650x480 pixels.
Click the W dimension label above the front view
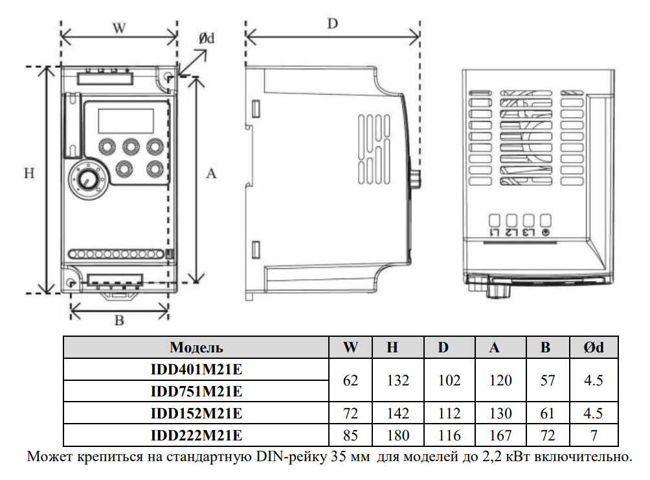click(x=119, y=29)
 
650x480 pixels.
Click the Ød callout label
click(x=207, y=38)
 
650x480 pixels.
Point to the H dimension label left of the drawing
click(x=29, y=173)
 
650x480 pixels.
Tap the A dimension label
click(x=212, y=174)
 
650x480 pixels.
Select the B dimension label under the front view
click(x=119, y=320)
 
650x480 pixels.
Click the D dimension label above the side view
click(x=333, y=24)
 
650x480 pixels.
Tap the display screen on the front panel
click(x=126, y=120)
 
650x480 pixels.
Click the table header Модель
click(x=197, y=348)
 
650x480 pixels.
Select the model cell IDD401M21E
click(x=197, y=369)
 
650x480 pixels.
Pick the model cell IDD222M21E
click(x=197, y=435)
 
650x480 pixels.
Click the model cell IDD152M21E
click(x=197, y=413)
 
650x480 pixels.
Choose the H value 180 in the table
click(x=398, y=435)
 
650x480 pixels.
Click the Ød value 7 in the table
click(x=594, y=435)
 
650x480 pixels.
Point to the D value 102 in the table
click(x=449, y=380)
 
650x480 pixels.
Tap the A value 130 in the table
click(x=500, y=413)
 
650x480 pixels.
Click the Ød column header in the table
click(x=594, y=348)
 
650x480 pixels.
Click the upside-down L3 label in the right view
click(x=528, y=233)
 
